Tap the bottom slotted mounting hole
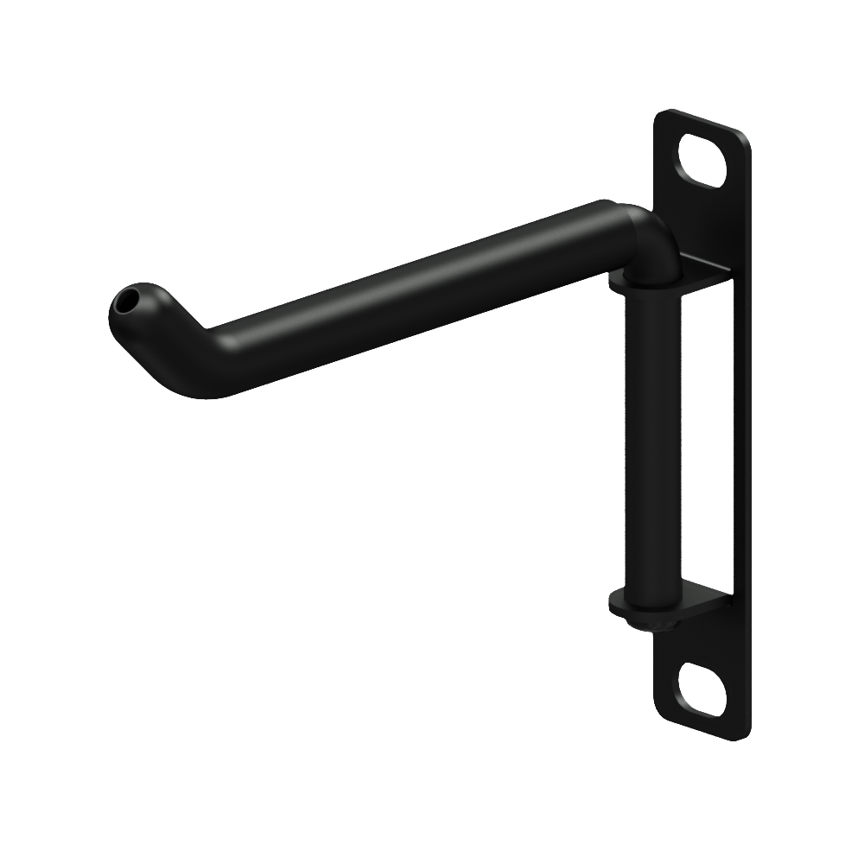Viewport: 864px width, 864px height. (702, 689)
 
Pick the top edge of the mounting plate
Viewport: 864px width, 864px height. (704, 121)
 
